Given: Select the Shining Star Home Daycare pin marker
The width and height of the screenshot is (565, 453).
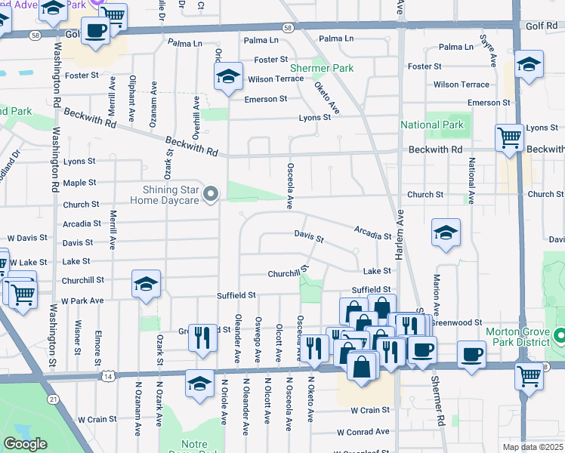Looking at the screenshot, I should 212,195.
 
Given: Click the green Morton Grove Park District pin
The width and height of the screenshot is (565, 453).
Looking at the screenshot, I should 560,334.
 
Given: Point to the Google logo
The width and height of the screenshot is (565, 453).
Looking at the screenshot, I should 25,444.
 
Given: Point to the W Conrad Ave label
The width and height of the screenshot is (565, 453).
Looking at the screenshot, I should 363,432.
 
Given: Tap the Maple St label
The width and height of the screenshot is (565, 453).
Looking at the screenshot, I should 79,183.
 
